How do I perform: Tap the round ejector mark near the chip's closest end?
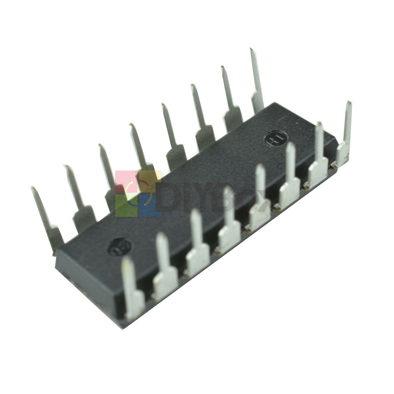tap(119, 247)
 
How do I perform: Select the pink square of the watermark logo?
tap(126, 181)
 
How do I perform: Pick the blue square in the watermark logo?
tap(150, 205)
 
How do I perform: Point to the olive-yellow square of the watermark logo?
tap(150, 181)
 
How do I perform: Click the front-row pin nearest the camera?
tap(132, 290)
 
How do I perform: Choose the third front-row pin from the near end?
tap(197, 244)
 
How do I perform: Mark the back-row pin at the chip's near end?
tap(46, 219)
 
